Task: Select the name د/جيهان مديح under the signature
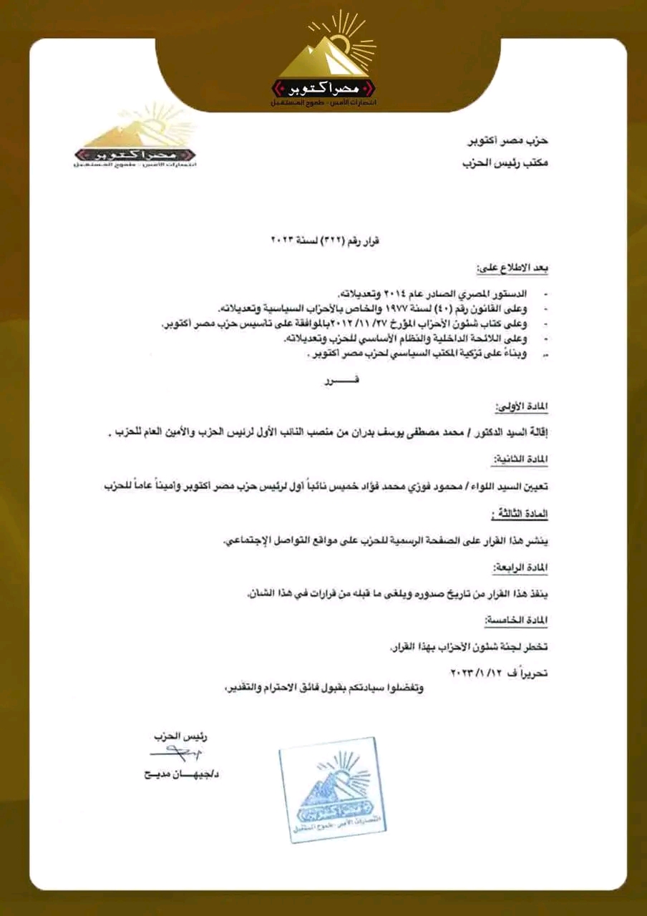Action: [181, 774]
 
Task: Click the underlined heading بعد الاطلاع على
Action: [515, 269]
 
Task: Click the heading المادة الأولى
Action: [520, 406]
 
